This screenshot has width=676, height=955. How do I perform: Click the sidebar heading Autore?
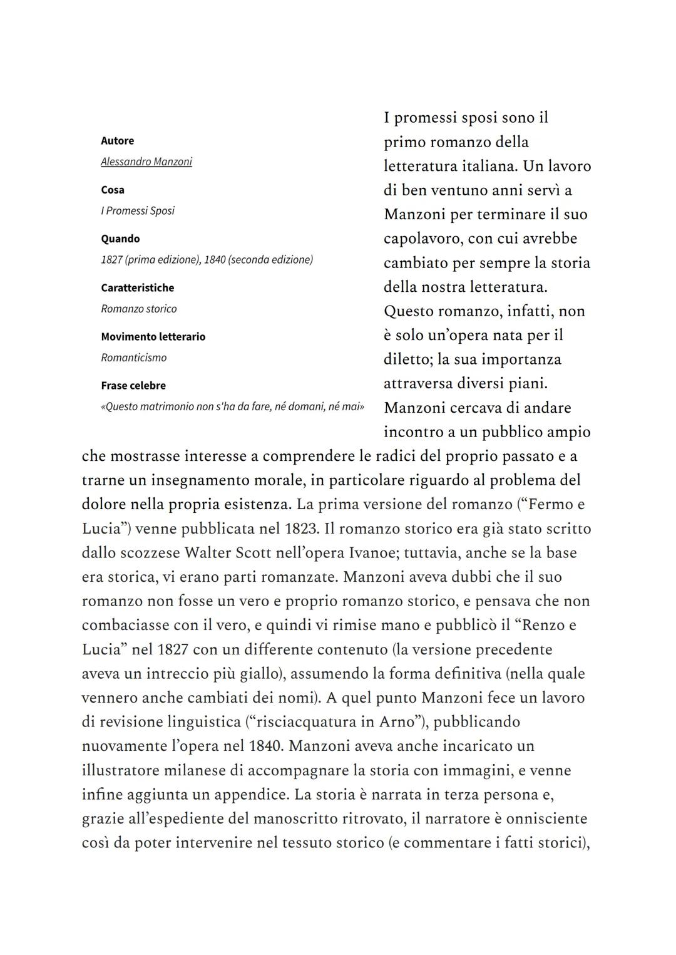[117, 141]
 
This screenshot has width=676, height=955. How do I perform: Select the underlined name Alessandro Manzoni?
[146, 162]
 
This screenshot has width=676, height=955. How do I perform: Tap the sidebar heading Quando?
[120, 239]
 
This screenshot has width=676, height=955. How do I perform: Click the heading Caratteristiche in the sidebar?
[137, 287]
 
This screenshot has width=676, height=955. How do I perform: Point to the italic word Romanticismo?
[133, 358]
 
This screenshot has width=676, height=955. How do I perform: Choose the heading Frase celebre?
[133, 386]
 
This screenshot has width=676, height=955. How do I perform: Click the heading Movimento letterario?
[153, 336]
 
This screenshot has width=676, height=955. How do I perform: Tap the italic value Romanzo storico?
[138, 309]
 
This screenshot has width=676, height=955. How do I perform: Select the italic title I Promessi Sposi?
[137, 210]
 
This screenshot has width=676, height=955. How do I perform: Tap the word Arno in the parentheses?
[397, 722]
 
